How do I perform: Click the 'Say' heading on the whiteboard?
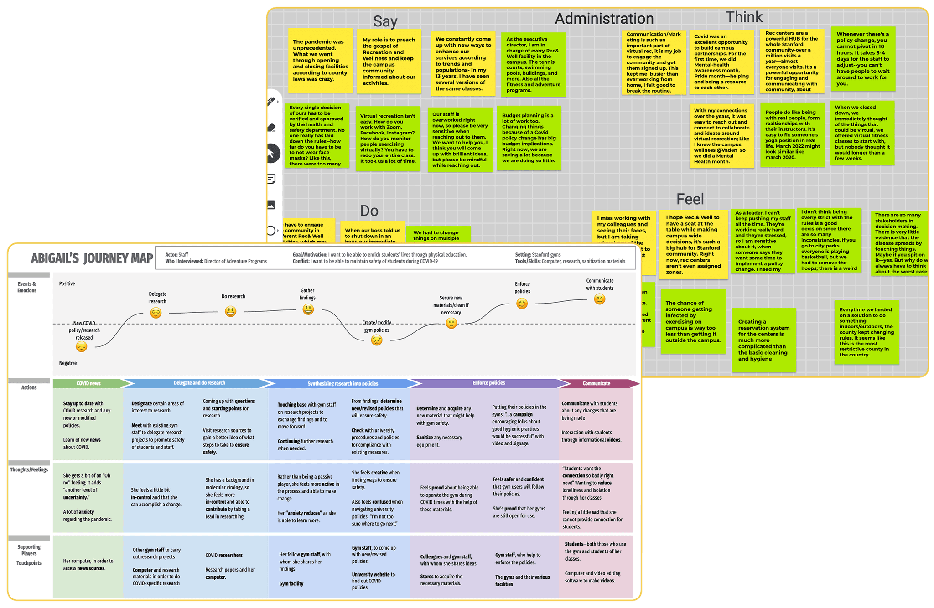[385, 21]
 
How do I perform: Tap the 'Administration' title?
[604, 19]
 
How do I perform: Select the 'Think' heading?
[744, 17]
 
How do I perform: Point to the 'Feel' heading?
[690, 199]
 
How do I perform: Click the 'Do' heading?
[369, 211]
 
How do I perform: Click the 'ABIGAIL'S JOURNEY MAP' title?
[92, 258]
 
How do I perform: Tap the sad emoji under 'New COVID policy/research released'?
[81, 347]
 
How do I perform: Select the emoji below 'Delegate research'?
[156, 313]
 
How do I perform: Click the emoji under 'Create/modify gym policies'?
[376, 340]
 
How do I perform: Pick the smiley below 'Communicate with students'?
[600, 299]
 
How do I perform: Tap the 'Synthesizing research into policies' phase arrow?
[342, 383]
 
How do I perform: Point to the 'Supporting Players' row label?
[29, 550]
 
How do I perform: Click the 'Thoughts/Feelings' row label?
[29, 469]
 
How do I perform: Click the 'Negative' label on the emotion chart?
[68, 363]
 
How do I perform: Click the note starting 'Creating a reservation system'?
[764, 340]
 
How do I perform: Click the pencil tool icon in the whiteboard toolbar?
[271, 101]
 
